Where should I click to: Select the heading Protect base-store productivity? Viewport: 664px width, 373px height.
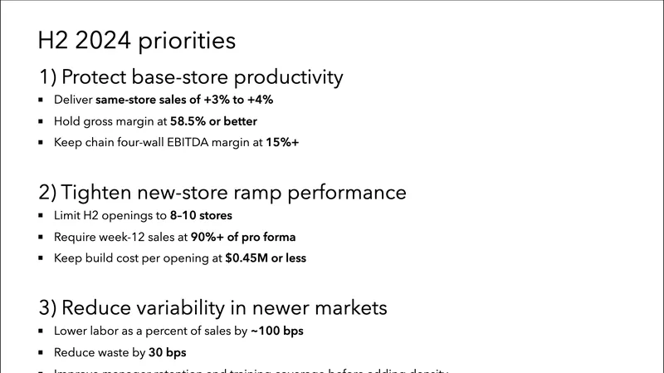[191, 77]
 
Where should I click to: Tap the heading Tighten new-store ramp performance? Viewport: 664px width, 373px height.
[222, 193]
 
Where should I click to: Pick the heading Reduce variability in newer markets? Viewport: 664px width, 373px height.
[213, 307]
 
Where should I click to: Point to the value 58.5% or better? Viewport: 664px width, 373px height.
[213, 121]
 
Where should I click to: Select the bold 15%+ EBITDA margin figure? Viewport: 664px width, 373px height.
[282, 143]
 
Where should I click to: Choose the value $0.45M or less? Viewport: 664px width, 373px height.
[266, 258]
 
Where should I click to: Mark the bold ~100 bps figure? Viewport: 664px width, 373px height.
[276, 331]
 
